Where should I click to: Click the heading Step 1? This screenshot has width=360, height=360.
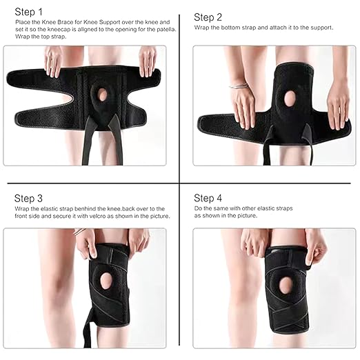29,12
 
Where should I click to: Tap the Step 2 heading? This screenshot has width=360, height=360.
208,17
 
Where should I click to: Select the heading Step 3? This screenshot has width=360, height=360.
28,198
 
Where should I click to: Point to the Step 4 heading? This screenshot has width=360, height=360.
208,198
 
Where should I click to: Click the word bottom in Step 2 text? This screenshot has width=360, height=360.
230,28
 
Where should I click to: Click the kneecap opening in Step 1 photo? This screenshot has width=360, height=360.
103,94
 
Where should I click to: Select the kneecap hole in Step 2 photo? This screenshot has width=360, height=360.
290,99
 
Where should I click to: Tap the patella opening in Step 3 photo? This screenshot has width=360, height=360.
106,281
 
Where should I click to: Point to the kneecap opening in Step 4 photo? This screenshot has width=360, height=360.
286,285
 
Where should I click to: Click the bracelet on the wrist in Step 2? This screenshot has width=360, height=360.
239,86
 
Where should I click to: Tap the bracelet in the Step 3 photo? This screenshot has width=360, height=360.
79,231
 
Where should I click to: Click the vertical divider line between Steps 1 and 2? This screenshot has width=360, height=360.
179,99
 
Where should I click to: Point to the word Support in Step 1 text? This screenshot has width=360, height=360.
110,22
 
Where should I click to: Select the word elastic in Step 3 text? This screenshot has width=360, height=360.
49,209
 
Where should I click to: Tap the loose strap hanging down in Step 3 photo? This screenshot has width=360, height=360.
88,329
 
